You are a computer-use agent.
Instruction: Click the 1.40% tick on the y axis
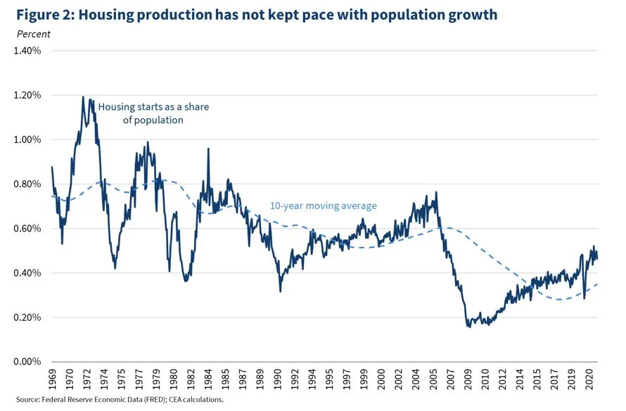click(27, 51)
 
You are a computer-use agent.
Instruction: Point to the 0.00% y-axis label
click(27, 362)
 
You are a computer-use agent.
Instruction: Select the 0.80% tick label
click(27, 184)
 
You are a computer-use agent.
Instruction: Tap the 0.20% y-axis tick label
click(27, 317)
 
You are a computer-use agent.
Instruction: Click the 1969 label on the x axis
click(53, 379)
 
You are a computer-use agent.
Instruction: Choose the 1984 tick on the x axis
click(207, 379)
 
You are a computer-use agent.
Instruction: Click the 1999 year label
click(363, 379)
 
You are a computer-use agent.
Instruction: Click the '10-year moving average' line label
click(324, 206)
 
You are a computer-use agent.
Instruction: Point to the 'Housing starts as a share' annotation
click(153, 107)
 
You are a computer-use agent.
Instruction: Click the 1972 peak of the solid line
click(83, 97)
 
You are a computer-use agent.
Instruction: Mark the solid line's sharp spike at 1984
click(208, 148)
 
